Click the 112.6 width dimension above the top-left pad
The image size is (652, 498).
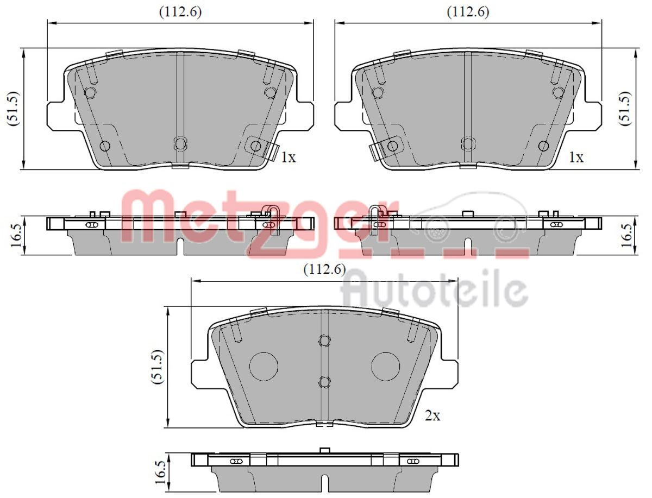point(180,12)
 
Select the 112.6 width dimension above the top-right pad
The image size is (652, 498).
point(468,12)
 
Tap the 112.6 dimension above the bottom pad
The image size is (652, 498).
point(324,269)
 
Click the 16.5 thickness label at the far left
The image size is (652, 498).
point(16,235)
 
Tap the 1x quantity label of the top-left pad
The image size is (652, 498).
point(288,158)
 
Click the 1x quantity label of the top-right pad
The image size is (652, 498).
point(575,158)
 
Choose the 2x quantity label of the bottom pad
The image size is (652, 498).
point(432,417)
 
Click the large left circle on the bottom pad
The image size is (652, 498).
point(264,366)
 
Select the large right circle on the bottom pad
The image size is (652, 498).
point(386,366)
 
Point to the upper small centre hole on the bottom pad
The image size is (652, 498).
point(324,341)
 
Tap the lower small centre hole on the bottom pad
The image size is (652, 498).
point(324,382)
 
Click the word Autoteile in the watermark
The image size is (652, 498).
point(435,292)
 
